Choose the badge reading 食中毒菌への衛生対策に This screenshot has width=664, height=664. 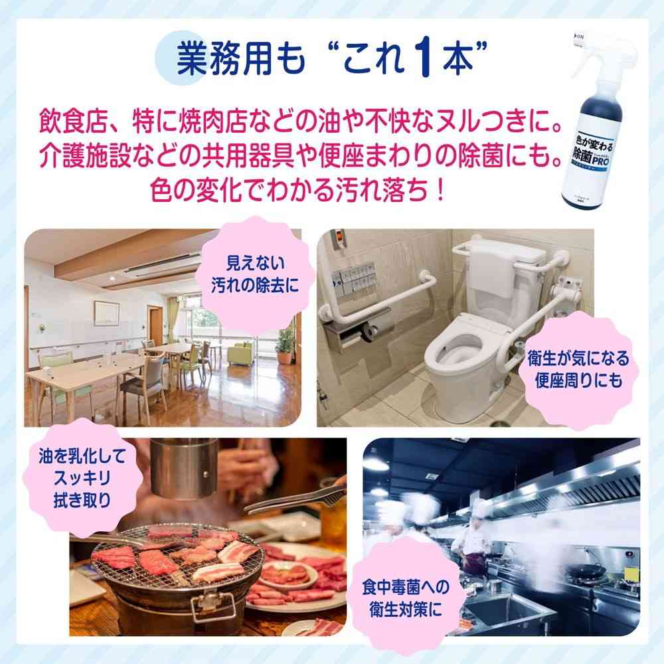tap(406, 596)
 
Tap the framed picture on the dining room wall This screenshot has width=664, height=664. tap(106, 311)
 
